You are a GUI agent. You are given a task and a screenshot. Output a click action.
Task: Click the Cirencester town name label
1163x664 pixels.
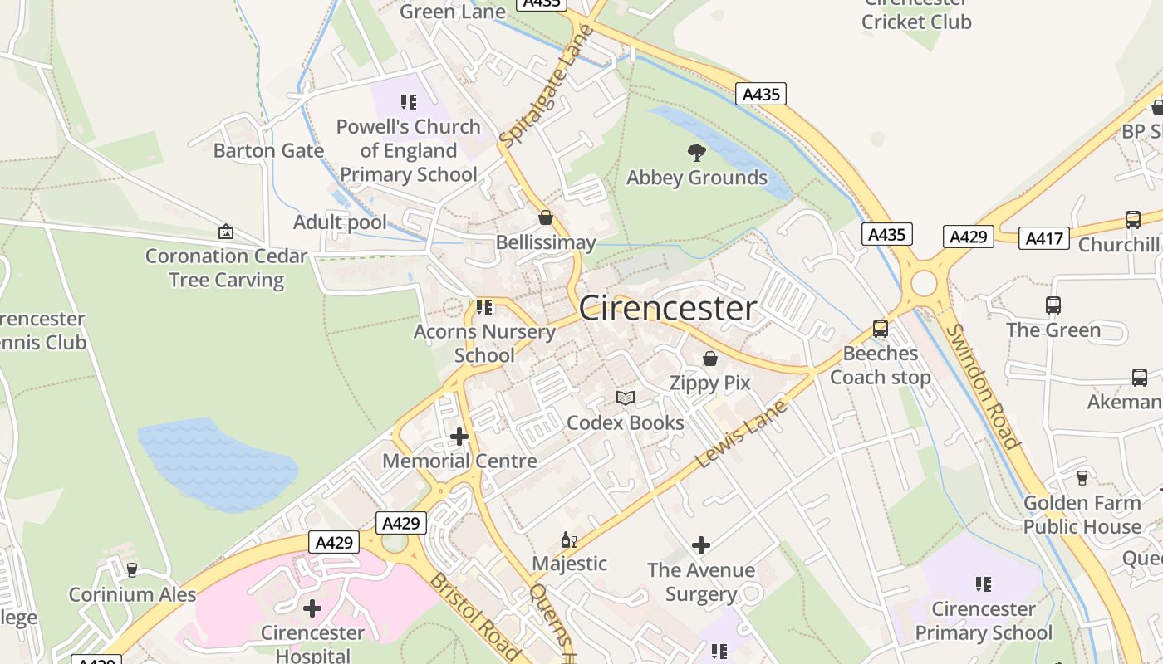click(668, 309)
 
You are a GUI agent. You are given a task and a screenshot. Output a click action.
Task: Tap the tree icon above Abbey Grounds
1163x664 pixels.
click(697, 152)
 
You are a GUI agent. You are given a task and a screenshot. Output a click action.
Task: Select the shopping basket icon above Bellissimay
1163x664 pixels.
click(546, 217)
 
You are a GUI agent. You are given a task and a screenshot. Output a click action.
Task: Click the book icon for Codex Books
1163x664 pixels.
click(626, 398)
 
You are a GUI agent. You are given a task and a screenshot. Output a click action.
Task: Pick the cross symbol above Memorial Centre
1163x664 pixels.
click(459, 436)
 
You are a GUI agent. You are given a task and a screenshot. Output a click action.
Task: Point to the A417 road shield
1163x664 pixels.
click(1043, 238)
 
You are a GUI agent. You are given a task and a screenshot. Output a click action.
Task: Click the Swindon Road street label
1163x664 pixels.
click(983, 386)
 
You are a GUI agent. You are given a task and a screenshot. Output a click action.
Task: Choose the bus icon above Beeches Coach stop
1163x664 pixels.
click(881, 329)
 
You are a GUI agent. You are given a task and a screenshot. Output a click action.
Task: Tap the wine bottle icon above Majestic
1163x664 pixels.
click(569, 540)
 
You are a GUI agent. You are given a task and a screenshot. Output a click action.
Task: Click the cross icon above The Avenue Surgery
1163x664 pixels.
click(701, 545)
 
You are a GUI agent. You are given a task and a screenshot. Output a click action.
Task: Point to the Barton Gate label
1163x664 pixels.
click(268, 150)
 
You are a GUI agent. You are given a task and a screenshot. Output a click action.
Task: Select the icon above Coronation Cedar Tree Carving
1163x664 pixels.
click(226, 232)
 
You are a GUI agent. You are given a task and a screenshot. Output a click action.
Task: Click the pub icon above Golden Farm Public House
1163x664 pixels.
click(1082, 478)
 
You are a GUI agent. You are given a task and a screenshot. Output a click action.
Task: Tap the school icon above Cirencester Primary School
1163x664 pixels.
click(984, 584)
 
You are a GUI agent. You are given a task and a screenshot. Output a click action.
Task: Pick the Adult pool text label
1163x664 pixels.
click(340, 222)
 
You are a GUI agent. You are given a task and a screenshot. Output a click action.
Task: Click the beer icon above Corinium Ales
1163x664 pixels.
click(132, 570)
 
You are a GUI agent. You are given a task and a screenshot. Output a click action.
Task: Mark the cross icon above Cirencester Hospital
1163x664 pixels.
click(312, 608)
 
